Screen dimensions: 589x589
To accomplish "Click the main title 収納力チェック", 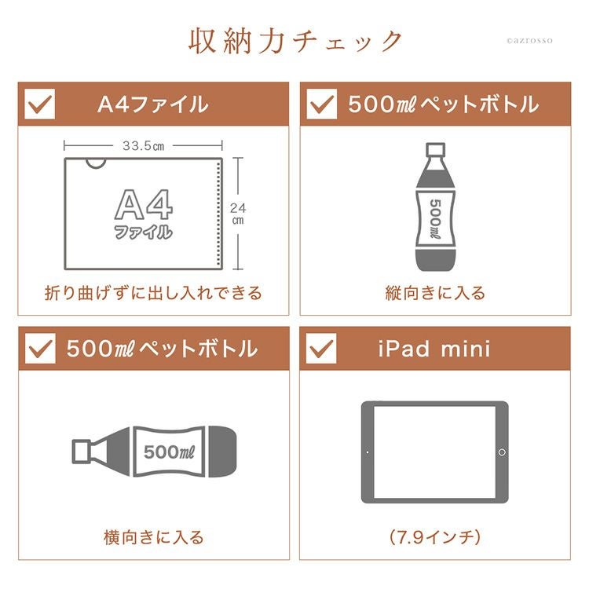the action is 295,42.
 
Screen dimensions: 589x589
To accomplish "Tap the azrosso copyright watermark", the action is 529,41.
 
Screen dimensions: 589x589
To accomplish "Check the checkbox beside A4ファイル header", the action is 39,104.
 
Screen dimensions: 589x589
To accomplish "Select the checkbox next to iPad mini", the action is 321,348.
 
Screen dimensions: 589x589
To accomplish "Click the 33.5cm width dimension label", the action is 143,146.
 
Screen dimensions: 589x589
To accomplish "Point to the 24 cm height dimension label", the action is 238,214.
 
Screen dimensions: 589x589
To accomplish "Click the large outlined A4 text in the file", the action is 144,204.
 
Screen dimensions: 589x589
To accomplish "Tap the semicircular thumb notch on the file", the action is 96,164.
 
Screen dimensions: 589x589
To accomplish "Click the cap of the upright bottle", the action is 435,149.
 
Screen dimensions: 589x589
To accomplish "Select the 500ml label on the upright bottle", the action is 435,218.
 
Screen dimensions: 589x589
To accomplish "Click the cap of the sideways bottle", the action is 81,451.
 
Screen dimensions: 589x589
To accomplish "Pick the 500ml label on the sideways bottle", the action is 169,452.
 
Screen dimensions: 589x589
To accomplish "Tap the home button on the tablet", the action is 502,452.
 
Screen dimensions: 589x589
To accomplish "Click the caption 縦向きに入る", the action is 435,293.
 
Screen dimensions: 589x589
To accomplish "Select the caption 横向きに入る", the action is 154,537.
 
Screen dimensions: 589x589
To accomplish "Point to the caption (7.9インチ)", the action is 435,537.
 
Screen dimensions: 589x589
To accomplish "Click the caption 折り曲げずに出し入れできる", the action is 153,293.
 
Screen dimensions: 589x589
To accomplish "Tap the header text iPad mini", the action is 434,349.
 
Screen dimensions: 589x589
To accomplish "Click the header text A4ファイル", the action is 153,104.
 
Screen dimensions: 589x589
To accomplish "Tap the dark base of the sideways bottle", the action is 222,452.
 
